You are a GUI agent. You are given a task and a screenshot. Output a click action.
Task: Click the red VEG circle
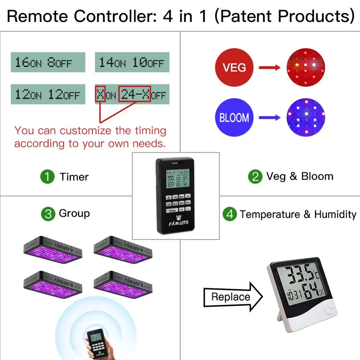click(x=234, y=67)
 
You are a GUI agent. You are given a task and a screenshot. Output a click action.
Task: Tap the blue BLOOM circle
click(x=234, y=117)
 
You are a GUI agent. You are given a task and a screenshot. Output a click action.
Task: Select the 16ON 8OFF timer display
click(x=48, y=62)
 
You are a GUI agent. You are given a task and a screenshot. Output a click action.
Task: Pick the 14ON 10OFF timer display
click(x=132, y=62)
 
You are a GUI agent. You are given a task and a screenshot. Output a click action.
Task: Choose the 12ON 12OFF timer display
click(x=48, y=94)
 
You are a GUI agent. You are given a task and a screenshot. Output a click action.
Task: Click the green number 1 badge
click(x=47, y=177)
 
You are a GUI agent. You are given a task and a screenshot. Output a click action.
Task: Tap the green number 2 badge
click(x=255, y=177)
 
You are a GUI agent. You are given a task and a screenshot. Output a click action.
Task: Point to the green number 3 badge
click(x=48, y=213)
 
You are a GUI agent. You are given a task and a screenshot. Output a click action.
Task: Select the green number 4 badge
click(x=230, y=215)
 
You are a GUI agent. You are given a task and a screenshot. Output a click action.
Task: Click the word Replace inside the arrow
click(x=230, y=297)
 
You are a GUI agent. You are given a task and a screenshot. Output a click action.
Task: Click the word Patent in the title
click(x=248, y=16)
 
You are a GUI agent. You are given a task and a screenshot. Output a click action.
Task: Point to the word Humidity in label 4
click(x=335, y=215)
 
